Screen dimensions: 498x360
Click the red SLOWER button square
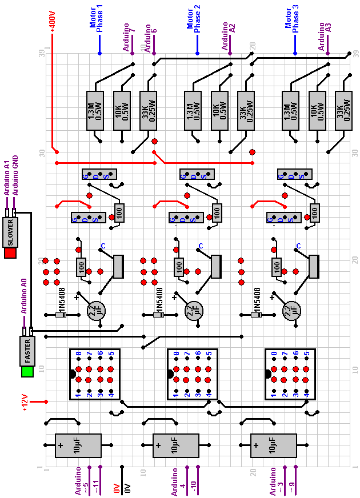pyautogui.click(x=10, y=252)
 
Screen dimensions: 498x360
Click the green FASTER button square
pyautogui.click(x=26, y=371)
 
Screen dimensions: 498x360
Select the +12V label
pyautogui.click(x=24, y=402)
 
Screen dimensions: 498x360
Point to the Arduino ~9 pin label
pyautogui.click(x=292, y=488)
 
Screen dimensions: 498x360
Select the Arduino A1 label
pyautogui.click(x=7, y=178)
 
